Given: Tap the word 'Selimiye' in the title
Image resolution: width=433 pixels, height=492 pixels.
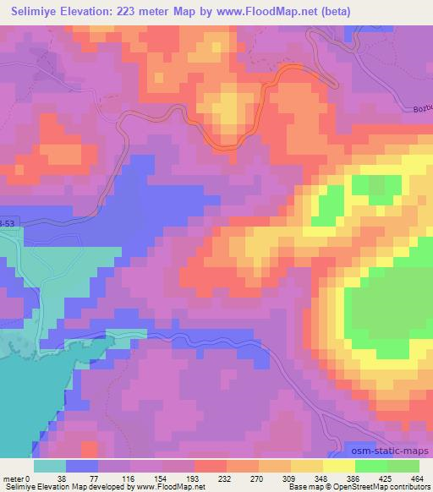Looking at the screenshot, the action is (x=38, y=11).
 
